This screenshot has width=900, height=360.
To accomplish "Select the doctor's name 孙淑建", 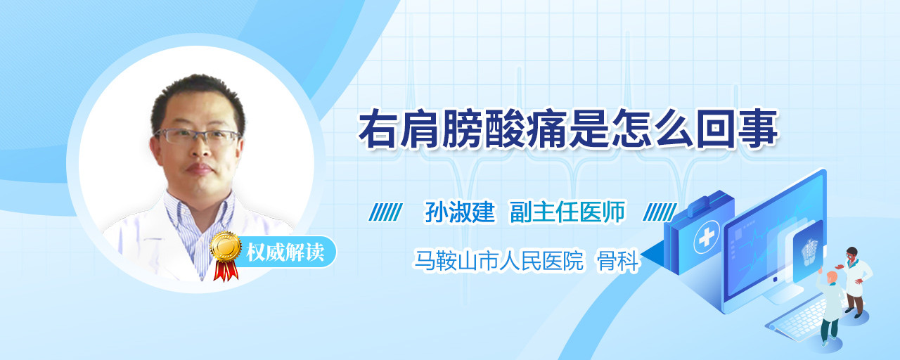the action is [x=460, y=212].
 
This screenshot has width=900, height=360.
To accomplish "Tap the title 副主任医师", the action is [x=567, y=212].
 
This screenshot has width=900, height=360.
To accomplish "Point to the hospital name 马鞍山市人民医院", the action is [x=499, y=260].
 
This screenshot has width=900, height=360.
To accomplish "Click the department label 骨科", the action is [x=617, y=261].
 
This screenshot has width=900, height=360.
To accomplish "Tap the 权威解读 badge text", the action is [x=285, y=252].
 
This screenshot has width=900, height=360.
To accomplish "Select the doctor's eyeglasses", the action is [x=197, y=136].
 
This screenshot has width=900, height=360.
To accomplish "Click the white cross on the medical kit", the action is [x=707, y=238].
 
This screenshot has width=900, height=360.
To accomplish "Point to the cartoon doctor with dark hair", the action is [x=854, y=281].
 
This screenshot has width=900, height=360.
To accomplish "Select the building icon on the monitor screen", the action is [x=809, y=252].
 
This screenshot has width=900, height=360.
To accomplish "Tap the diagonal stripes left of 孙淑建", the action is [x=385, y=212].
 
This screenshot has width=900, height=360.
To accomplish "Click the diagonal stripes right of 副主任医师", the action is [x=660, y=212].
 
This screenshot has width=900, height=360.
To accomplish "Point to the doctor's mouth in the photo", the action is [x=199, y=168].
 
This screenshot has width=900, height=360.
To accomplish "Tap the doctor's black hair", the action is [x=198, y=98].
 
